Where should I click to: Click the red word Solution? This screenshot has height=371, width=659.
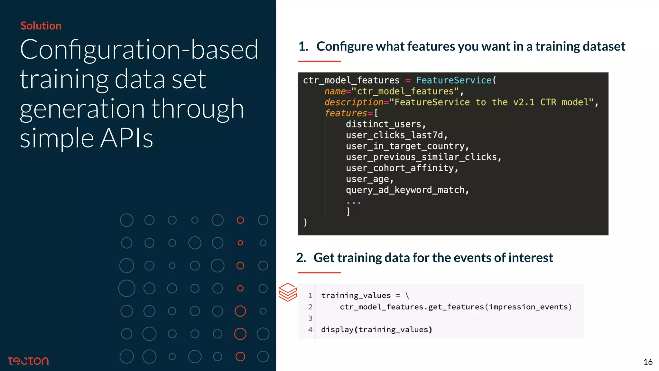41,26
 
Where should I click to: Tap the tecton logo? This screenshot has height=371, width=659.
28,361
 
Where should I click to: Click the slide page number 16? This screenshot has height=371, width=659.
648,362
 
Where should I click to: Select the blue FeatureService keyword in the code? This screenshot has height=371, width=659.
454,80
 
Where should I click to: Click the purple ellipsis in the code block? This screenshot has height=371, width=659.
354,203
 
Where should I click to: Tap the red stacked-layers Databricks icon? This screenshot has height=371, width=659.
288,292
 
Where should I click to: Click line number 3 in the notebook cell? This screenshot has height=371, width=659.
310,318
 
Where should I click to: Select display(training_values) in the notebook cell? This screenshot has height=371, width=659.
376,329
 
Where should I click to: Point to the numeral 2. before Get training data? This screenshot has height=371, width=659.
301,258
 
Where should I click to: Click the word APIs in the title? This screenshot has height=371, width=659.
126,138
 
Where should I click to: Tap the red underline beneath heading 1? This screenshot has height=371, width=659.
319,61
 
